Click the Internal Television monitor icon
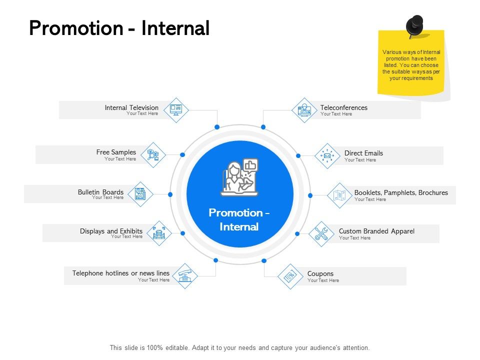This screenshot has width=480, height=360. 176,109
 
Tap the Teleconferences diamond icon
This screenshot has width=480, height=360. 304,110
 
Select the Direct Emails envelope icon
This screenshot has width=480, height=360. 327,156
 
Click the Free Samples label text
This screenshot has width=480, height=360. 116,152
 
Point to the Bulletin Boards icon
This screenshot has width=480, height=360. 140,194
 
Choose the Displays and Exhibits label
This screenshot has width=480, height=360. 111,231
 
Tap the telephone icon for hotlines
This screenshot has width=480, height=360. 185,276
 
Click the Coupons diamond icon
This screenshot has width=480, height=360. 290,276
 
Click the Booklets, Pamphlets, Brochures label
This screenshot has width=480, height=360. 401,192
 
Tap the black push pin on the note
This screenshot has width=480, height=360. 414,25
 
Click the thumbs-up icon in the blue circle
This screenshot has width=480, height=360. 250,165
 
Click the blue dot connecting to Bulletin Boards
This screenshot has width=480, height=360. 170,194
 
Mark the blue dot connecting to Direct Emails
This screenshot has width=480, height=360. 298,156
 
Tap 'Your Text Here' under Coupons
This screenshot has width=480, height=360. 323,280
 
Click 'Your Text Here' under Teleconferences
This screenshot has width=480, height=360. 336,114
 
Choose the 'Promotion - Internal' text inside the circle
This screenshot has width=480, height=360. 239,219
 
